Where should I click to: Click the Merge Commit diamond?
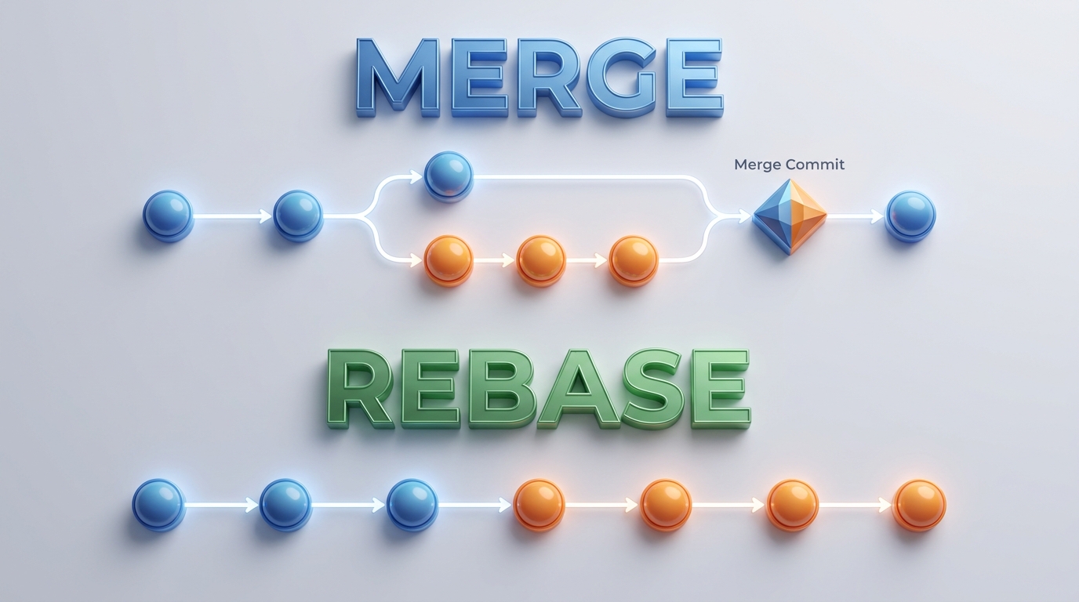(790, 216)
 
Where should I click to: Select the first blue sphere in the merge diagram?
(168, 216)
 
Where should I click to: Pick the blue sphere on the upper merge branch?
(449, 176)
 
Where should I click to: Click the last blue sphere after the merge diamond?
(911, 216)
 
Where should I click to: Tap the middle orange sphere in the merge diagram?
(541, 260)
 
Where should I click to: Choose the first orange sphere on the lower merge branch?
(449, 260)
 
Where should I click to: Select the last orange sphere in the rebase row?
(919, 505)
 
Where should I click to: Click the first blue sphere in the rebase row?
(159, 504)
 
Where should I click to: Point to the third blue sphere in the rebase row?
(412, 504)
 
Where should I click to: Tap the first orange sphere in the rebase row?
(539, 504)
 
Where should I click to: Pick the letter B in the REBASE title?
(500, 388)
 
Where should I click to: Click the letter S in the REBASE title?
(654, 388)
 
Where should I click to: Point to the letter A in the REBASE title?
(578, 388)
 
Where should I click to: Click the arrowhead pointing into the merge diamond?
(744, 216)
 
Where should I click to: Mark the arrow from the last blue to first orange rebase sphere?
(475, 505)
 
